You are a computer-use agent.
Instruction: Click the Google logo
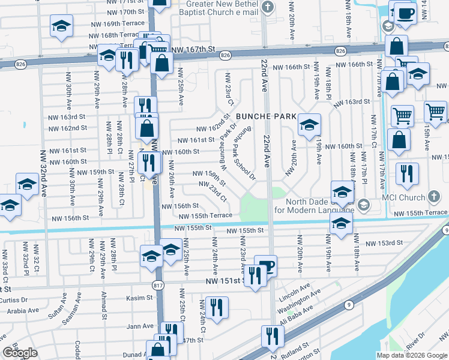click(20, 352)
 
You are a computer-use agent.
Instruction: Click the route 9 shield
click(349, 304)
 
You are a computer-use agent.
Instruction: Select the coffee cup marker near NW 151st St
click(265, 266)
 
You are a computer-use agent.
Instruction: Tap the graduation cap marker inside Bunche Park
click(309, 125)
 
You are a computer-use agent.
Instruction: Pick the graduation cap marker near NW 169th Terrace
click(61, 27)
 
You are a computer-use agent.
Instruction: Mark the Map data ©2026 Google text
click(411, 355)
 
